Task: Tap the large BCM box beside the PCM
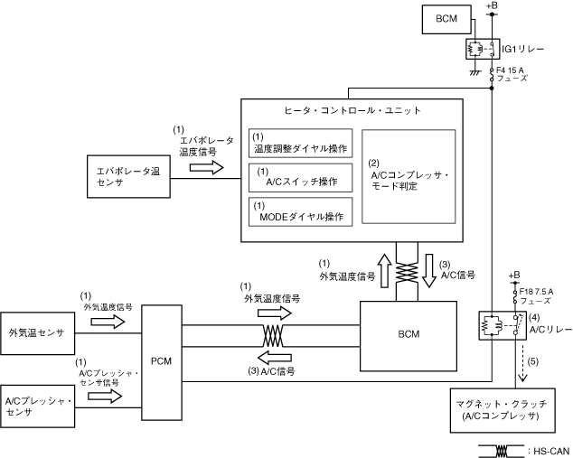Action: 409,334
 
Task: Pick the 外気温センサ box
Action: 38,332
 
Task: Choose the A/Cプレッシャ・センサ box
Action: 38,405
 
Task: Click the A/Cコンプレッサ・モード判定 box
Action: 408,176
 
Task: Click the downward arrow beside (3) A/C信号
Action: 427,271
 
